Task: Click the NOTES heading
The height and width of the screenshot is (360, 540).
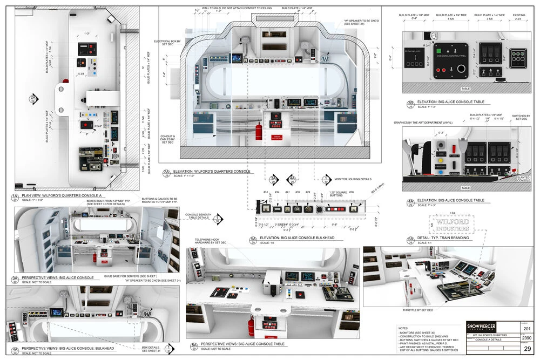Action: pos(402,328)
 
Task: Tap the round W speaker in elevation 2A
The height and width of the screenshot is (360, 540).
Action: pos(325,57)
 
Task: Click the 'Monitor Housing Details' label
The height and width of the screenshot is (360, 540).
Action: pos(353,179)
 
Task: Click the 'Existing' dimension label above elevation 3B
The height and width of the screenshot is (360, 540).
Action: pos(518,16)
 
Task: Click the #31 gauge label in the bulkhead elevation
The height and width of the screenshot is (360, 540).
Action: pos(266,193)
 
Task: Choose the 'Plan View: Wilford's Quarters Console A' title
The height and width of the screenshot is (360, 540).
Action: pos(61,195)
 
